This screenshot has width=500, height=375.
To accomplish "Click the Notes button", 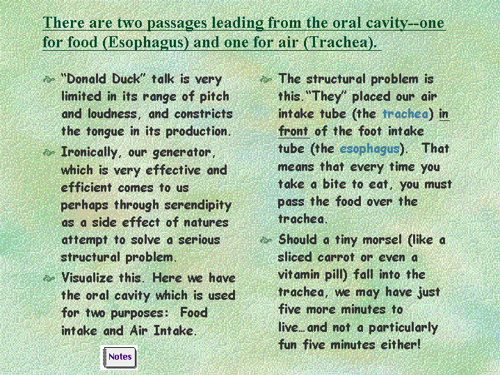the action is [x=119, y=357].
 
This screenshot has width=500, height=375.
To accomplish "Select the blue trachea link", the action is [x=405, y=114].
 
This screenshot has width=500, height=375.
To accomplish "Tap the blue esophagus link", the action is [x=369, y=150].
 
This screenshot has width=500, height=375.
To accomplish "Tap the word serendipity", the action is [x=198, y=205].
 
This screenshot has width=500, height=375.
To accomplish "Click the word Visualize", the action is [x=87, y=278].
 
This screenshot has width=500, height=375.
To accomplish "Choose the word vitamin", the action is [x=299, y=275].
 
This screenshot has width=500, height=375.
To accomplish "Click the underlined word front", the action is [x=293, y=131].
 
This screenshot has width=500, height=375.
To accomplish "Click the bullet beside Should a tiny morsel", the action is [x=266, y=240].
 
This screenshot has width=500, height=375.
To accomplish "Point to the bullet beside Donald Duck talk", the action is [x=49, y=79].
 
